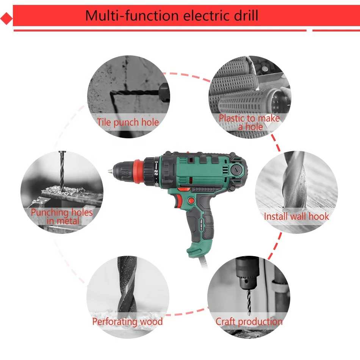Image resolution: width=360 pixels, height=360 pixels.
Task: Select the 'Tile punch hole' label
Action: (127, 122)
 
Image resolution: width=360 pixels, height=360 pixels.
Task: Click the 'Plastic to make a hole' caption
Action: (249, 122)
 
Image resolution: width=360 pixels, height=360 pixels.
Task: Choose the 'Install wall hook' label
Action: (296, 216)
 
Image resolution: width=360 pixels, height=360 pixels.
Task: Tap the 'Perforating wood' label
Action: (127, 322)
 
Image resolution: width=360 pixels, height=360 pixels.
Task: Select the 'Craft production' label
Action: (249, 322)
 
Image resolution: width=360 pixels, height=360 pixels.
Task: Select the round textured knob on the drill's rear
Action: (238, 170)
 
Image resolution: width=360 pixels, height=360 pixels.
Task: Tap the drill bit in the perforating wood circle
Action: (127, 288)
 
